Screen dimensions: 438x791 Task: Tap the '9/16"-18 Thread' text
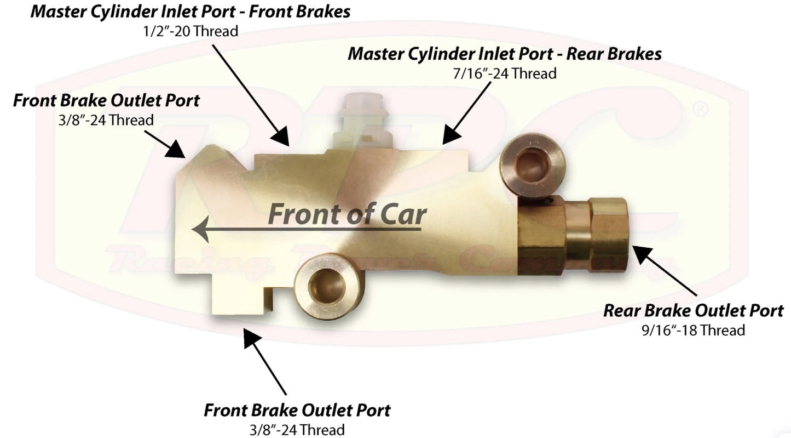pyautogui.click(x=693, y=330)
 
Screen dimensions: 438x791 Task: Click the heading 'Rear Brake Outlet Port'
pyautogui.click(x=693, y=311)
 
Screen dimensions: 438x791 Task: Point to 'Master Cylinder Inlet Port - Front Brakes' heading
pyautogui.click(x=190, y=12)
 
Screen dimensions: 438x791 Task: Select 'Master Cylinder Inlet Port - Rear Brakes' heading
pyautogui.click(x=505, y=54)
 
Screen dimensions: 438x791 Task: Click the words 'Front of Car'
pyautogui.click(x=347, y=214)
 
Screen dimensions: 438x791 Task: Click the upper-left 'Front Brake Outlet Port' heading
pyautogui.click(x=106, y=101)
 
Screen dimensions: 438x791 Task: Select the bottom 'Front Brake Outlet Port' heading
pyautogui.click(x=297, y=410)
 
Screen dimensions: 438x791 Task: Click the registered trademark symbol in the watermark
pyautogui.click(x=700, y=109)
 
